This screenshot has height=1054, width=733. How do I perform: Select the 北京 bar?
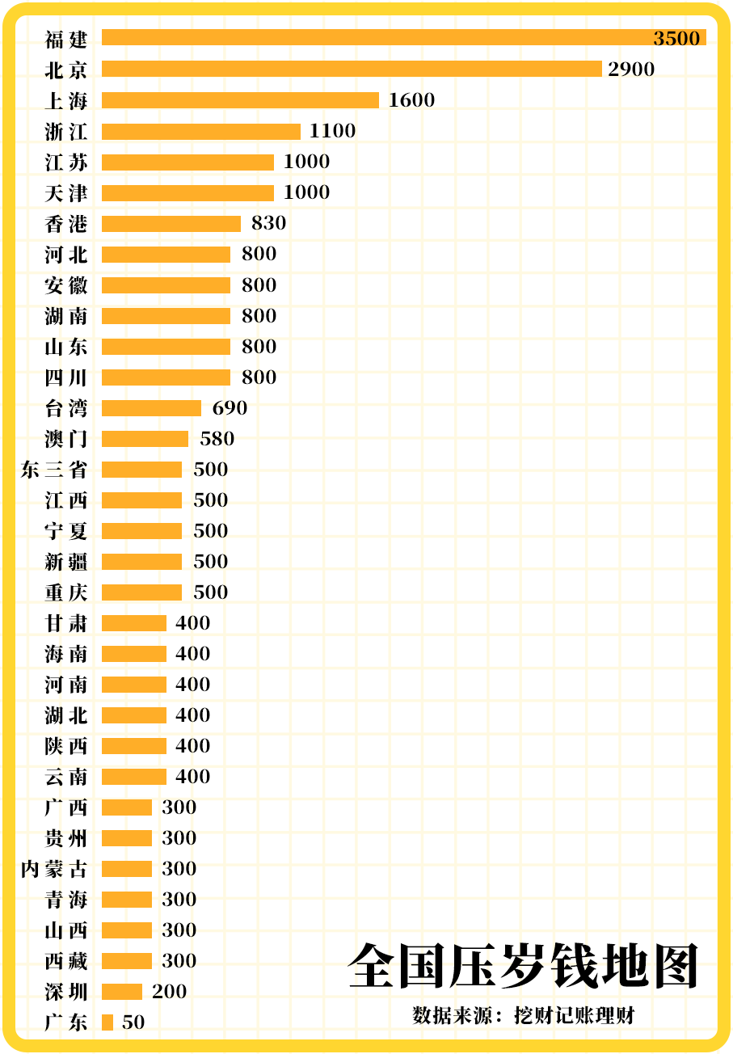tap(352, 69)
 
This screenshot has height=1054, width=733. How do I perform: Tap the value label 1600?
tap(411, 99)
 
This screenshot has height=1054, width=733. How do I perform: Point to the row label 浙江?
tap(66, 131)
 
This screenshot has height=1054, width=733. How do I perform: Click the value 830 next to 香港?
tap(268, 223)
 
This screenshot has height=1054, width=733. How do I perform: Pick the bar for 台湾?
tap(151, 407)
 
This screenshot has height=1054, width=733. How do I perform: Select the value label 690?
tap(230, 407)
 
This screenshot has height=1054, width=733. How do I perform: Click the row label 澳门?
tap(66, 439)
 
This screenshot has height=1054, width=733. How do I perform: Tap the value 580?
tap(217, 439)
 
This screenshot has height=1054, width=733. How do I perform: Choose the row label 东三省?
tap(54, 470)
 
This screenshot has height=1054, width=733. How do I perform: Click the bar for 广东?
tap(107, 1022)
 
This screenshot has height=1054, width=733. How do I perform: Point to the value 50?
tap(133, 1022)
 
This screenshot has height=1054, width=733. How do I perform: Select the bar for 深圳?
tap(122, 992)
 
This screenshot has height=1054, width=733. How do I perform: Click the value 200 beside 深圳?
tap(169, 992)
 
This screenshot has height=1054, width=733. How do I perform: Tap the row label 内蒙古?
tap(54, 869)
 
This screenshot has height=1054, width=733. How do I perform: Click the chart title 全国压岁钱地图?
tap(523, 965)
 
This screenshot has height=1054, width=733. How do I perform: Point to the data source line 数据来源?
tap(523, 1015)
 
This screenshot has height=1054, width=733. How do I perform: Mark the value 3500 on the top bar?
tap(676, 38)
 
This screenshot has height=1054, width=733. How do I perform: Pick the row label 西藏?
tap(66, 961)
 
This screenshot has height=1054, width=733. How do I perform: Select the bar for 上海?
tap(240, 99)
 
